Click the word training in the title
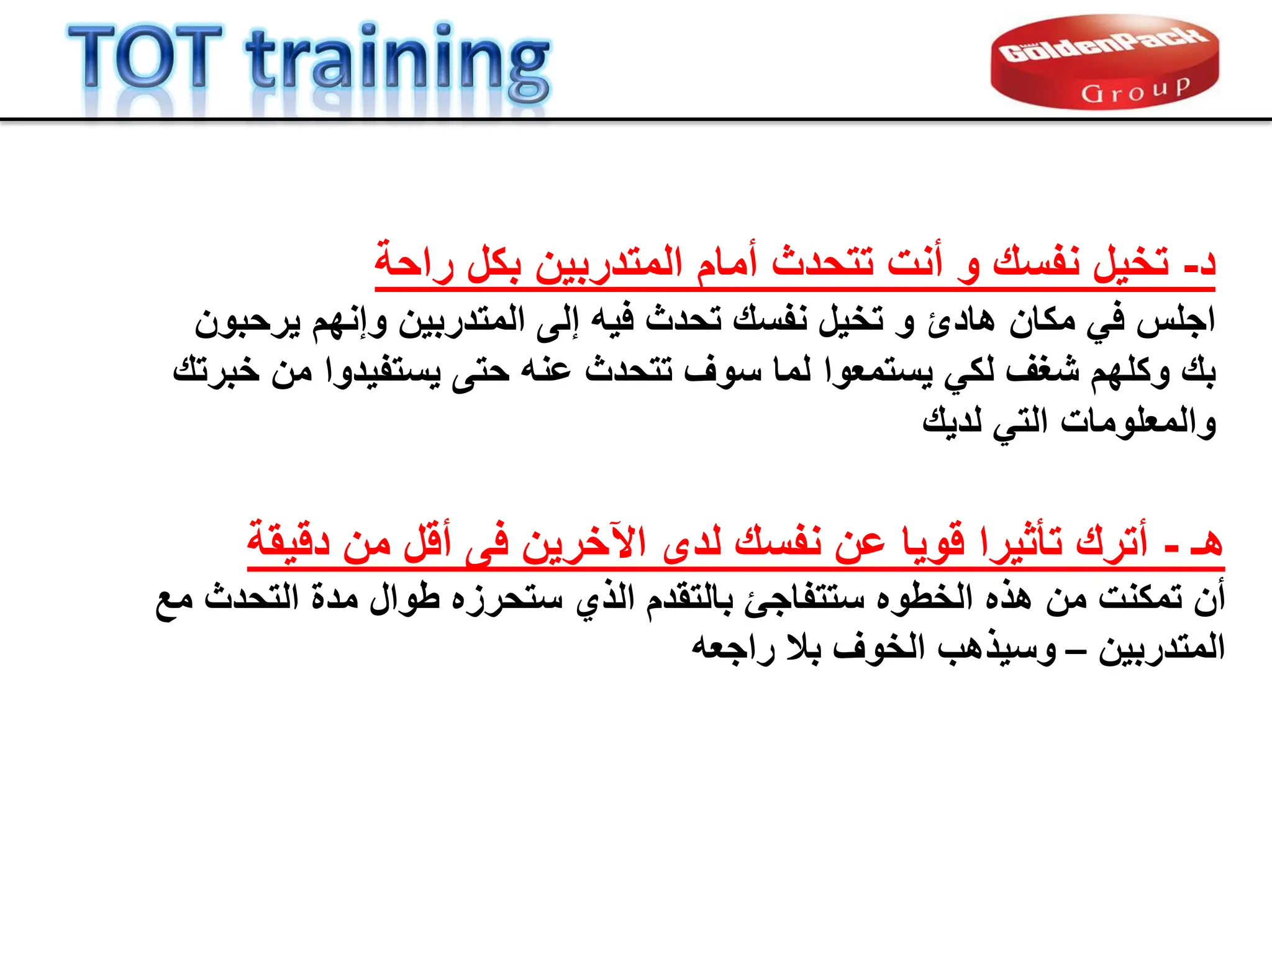(x=397, y=62)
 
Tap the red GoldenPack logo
(x=1104, y=62)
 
